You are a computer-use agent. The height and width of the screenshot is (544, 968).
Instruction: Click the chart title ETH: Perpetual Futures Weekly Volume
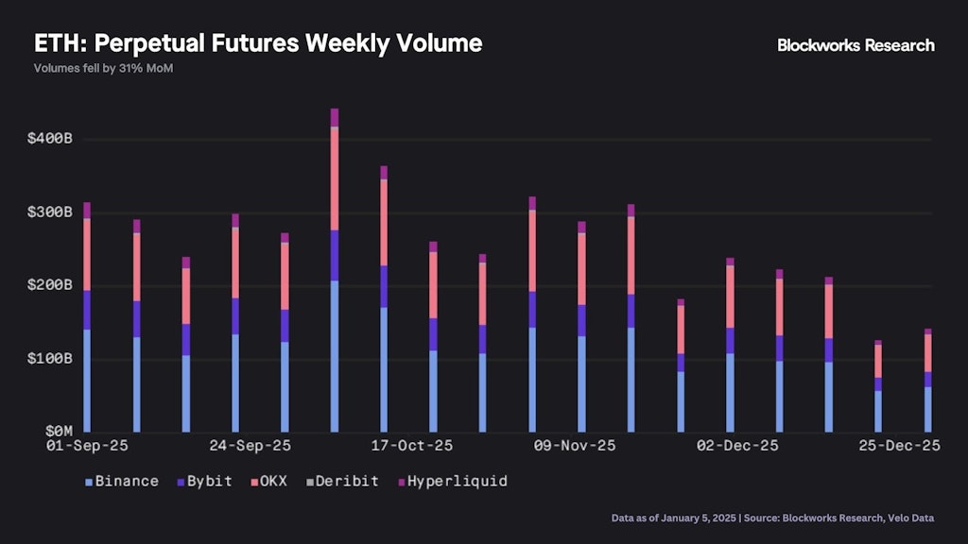[258, 43]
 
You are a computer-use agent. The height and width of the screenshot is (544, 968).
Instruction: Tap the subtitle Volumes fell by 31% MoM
[103, 69]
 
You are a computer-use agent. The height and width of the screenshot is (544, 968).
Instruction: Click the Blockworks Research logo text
[856, 45]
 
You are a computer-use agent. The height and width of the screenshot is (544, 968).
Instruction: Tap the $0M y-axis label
[57, 432]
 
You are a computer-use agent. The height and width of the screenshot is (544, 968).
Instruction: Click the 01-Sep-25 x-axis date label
[87, 446]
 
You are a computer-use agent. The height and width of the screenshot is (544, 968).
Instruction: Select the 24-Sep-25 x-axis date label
[251, 446]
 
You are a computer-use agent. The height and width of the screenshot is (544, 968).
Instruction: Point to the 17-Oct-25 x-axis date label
[412, 446]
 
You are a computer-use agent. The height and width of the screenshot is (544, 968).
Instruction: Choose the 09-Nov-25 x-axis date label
[574, 446]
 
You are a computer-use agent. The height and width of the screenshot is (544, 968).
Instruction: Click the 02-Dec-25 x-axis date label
[737, 446]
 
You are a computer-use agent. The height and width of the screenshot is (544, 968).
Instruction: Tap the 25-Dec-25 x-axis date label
[899, 446]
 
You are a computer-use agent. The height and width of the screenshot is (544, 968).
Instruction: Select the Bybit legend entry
[204, 482]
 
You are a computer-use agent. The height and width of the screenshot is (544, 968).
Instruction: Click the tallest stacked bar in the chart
[335, 274]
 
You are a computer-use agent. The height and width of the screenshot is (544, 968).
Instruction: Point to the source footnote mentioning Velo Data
[773, 518]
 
